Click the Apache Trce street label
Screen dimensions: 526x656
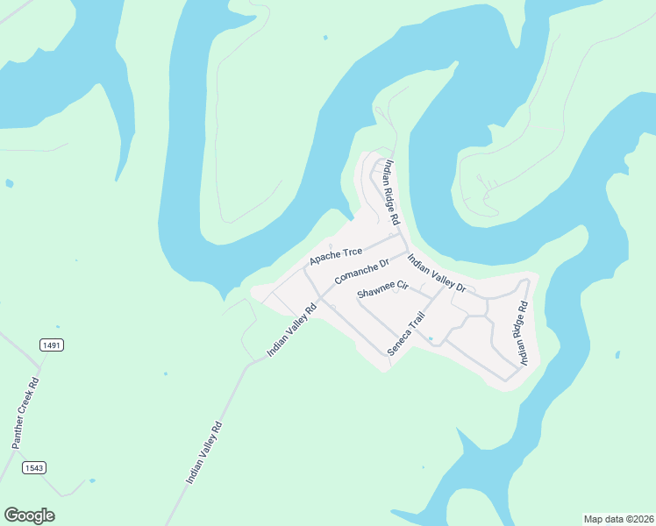coord(335,257)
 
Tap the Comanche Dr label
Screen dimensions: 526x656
coord(360,272)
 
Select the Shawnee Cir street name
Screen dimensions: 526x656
coord(383,289)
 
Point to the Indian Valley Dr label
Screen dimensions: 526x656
coord(436,274)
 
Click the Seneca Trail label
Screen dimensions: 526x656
coord(406,333)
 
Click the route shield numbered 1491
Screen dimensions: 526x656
coord(52,345)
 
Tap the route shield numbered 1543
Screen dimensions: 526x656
coord(33,467)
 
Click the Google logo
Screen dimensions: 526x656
coord(29,515)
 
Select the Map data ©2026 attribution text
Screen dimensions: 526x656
coord(618,518)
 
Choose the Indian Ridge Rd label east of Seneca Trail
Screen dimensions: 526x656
coord(522,333)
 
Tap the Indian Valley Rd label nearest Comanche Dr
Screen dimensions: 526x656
coord(292,330)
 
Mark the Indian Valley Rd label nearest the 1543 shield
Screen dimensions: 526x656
coord(204,452)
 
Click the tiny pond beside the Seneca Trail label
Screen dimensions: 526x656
coord(430,338)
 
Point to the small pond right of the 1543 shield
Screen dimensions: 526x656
coord(91,480)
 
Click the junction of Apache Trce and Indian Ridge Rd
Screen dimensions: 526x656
coord(397,234)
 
